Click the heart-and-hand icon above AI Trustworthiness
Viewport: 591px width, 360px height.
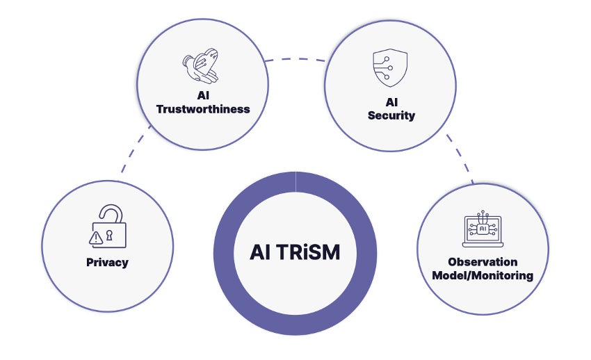click(x=202, y=68)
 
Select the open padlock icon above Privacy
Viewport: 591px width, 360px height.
click(x=109, y=227)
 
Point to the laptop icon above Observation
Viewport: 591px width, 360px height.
click(x=482, y=230)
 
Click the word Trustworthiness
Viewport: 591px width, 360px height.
click(x=203, y=109)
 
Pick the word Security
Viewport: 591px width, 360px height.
click(x=391, y=115)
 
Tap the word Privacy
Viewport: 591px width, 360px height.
click(x=107, y=263)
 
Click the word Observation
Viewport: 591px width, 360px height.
click(x=483, y=263)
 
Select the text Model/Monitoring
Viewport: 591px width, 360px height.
click(x=483, y=275)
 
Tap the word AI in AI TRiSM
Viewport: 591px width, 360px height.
click(x=261, y=252)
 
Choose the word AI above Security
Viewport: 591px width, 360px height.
click(x=391, y=102)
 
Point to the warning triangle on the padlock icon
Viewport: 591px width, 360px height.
click(x=97, y=238)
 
